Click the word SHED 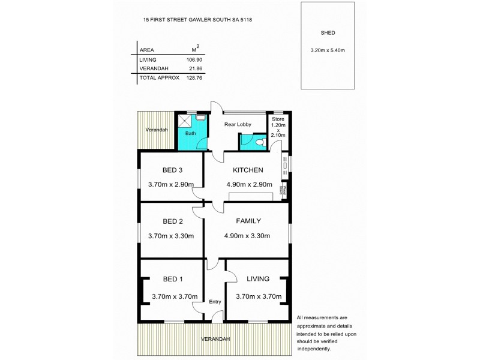pyautogui.click(x=328, y=33)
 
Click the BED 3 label pyautogui.click(x=172, y=170)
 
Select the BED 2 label pyautogui.click(x=172, y=220)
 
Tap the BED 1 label pyautogui.click(x=173, y=279)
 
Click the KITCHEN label pyautogui.click(x=248, y=170)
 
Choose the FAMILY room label pyautogui.click(x=248, y=221)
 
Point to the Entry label pyautogui.click(x=215, y=302)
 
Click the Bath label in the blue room pyautogui.click(x=190, y=133)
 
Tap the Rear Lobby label pyautogui.click(x=238, y=125)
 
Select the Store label pyautogui.click(x=277, y=119)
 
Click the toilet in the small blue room pyautogui.click(x=258, y=142)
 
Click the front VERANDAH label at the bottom pyautogui.click(x=215, y=339)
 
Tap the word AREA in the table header pyautogui.click(x=146, y=50)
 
